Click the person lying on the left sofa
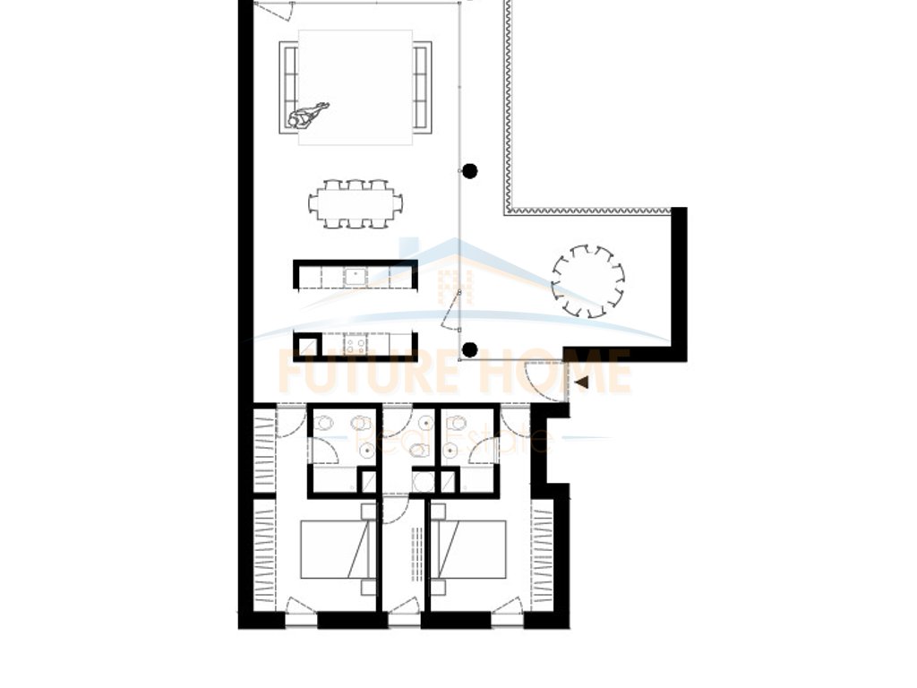[x=307, y=114]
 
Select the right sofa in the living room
[x=422, y=88]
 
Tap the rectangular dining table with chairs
[x=355, y=203]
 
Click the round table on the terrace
[x=587, y=280]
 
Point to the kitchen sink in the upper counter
[x=356, y=276]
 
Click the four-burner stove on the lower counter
[x=356, y=345]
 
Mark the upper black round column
[x=469, y=170]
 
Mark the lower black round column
[x=469, y=349]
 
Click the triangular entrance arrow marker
[x=582, y=383]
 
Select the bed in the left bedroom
[x=335, y=549]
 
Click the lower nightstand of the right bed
[x=438, y=587]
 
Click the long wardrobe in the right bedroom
[x=543, y=555]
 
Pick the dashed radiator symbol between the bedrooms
[x=416, y=555]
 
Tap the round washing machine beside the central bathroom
[x=424, y=482]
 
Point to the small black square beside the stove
[x=306, y=345]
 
